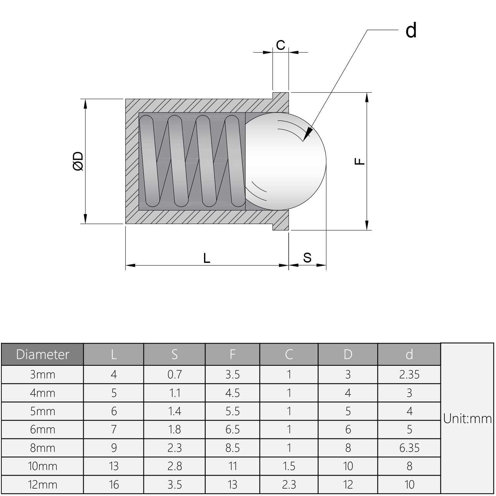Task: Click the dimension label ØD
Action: coord(78,161)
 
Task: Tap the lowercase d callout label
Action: coord(411,30)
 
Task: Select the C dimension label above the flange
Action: coord(280,45)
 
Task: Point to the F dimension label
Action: coord(360,161)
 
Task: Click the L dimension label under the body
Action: coord(207,258)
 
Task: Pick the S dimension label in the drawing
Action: coord(307,258)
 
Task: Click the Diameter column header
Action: coord(42,354)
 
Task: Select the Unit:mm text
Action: coord(467,419)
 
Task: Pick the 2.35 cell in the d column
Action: coord(409,375)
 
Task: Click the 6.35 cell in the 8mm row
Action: coord(409,448)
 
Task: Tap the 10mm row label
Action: coord(42,466)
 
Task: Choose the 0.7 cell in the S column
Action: coord(174,375)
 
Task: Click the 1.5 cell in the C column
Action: coord(289,466)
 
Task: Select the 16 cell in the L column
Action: coord(113,485)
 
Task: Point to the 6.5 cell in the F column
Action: coord(232,430)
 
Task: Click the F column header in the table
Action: coord(232,354)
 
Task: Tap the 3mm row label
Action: coord(42,375)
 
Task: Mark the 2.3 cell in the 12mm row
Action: coord(289,485)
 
